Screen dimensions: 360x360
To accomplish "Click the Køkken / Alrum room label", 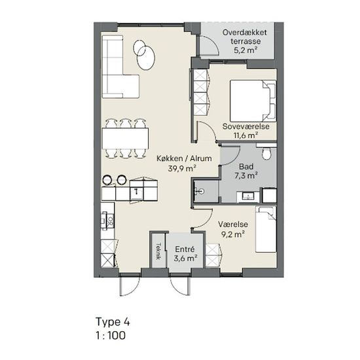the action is click(x=184, y=158).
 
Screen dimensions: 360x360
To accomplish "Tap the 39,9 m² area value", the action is click(x=182, y=168).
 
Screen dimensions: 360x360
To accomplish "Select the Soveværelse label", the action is click(x=246, y=126).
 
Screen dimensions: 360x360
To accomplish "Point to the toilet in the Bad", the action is click(x=266, y=153).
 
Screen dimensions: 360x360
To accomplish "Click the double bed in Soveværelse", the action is click(x=253, y=101).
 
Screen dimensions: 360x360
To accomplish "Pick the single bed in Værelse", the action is click(x=266, y=229).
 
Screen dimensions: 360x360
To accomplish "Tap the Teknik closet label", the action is click(x=158, y=251).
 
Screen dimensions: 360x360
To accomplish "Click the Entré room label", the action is click(x=185, y=249).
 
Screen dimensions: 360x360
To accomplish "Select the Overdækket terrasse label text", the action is click(x=245, y=37).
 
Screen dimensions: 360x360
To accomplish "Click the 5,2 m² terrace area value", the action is click(x=245, y=50).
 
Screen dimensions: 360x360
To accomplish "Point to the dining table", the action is click(x=125, y=139).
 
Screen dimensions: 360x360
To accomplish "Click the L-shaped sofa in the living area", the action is click(x=120, y=67).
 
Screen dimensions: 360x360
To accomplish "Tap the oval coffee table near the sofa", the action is click(x=145, y=58).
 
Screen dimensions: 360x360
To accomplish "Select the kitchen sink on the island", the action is click(x=136, y=192).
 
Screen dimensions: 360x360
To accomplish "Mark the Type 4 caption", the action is click(x=113, y=322).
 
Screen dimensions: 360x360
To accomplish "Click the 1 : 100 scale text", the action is click(x=111, y=335).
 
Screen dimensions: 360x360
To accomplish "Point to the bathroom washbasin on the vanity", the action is click(x=248, y=196).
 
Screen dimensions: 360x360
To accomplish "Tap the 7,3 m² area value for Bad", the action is click(x=246, y=176).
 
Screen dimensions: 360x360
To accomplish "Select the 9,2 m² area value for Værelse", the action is click(x=232, y=234).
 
